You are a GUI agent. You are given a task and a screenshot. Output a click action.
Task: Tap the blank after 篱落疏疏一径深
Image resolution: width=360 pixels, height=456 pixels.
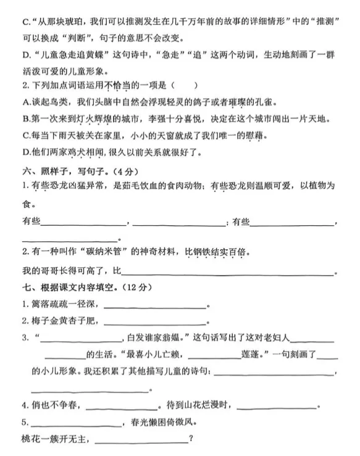click(x=154, y=304)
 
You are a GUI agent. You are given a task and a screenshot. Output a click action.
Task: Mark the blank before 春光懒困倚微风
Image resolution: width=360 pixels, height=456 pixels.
click(x=75, y=423)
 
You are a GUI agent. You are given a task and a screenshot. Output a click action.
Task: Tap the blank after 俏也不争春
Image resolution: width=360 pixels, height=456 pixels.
click(x=121, y=405)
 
